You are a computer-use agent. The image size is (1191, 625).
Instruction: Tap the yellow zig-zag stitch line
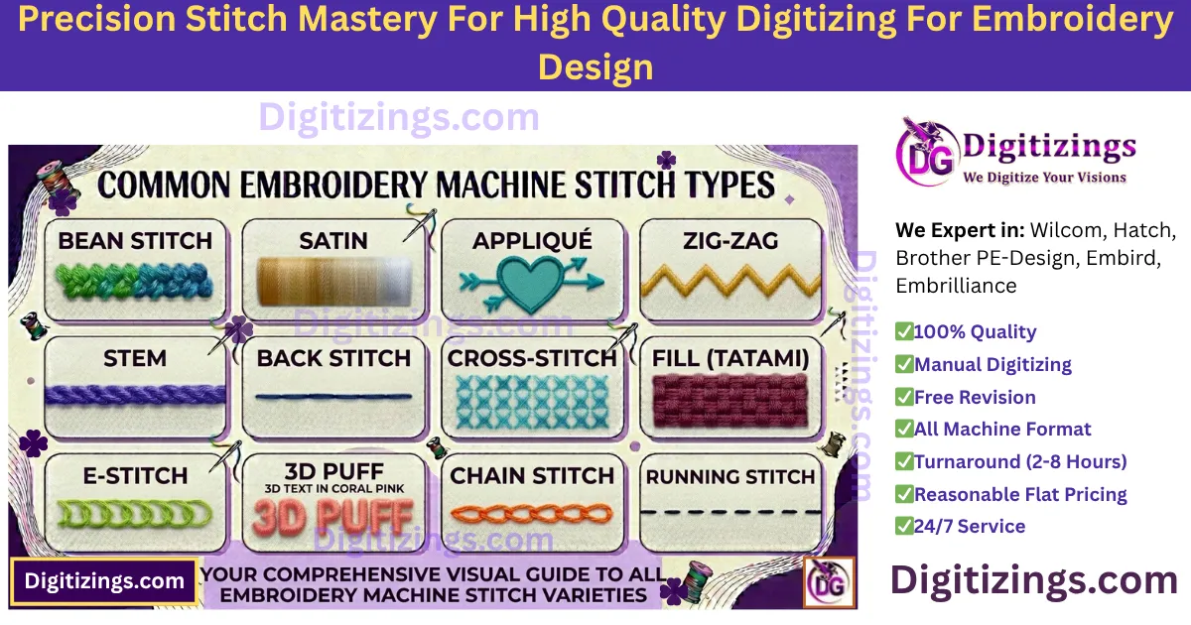pos(729,283)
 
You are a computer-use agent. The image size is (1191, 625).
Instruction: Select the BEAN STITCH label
pos(135,240)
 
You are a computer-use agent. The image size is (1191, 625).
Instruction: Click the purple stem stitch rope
pos(135,394)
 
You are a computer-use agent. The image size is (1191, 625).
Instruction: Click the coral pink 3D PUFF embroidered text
pos(332,516)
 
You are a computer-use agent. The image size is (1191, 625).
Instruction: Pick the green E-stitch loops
pos(135,513)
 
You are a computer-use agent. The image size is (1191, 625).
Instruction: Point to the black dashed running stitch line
pos(729,513)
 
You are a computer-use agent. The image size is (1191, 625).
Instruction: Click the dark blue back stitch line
pos(332,397)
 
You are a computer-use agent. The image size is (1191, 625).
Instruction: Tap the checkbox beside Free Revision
pos(904,397)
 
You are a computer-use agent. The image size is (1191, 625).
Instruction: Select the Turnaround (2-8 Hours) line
pos(1019,461)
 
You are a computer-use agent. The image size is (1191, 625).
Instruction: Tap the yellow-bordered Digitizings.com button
pos(104,581)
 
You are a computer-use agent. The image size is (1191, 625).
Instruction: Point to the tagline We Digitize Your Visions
pos(1044,178)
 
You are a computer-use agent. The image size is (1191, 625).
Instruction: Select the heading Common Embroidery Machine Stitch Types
pos(436,185)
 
